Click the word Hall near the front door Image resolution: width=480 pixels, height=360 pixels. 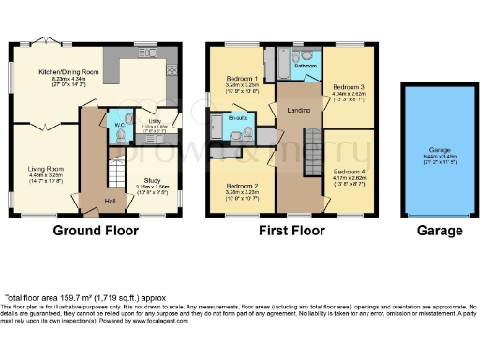click(x=110, y=201)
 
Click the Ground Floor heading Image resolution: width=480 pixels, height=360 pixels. click(x=97, y=231)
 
